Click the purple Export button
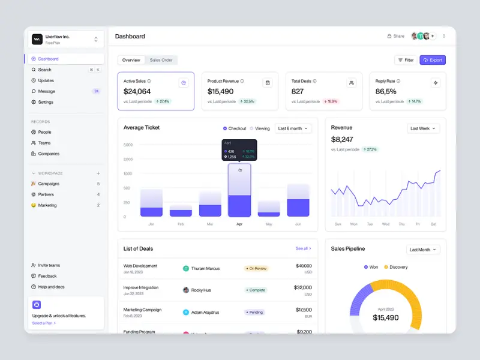(x=433, y=60)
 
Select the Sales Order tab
(x=161, y=60)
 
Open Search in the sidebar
(x=45, y=70)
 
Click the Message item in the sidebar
(x=46, y=91)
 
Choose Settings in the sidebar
(x=46, y=102)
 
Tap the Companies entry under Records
(x=49, y=154)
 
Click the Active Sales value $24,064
(x=137, y=91)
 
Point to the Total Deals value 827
(x=298, y=91)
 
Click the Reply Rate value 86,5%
(x=386, y=91)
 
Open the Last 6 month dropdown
(x=293, y=128)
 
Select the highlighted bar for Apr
(x=239, y=191)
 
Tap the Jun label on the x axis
(x=298, y=224)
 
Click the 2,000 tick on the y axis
(x=128, y=159)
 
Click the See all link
(x=303, y=248)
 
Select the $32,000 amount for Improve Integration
(x=302, y=287)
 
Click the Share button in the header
(x=395, y=36)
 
